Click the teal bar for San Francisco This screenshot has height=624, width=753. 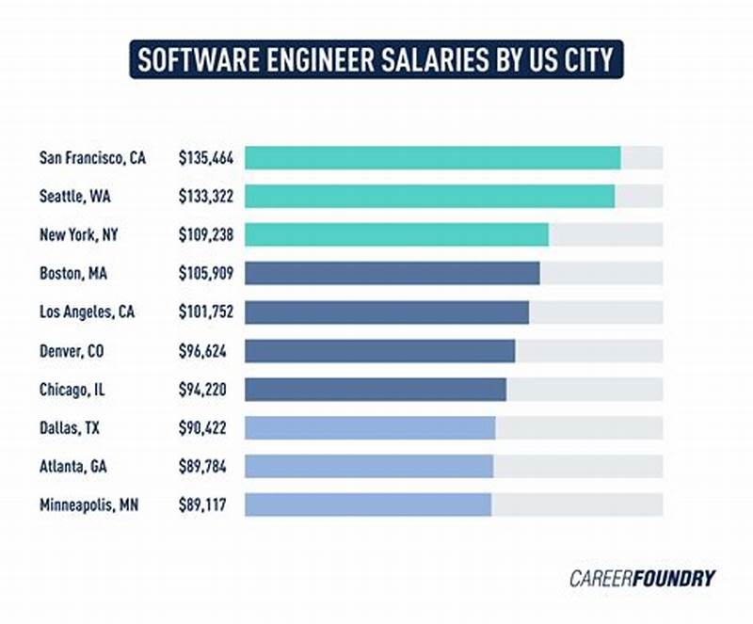pyautogui.click(x=432, y=157)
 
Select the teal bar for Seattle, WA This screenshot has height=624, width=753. pyautogui.click(x=429, y=196)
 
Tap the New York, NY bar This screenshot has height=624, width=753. pyautogui.click(x=396, y=234)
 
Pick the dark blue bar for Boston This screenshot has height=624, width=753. pyautogui.click(x=392, y=273)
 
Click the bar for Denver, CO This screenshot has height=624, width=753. pyautogui.click(x=379, y=351)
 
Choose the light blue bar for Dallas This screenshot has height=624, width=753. pyautogui.click(x=370, y=427)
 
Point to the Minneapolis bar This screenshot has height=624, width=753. pyautogui.click(x=368, y=504)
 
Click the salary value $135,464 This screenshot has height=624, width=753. pyautogui.click(x=206, y=158)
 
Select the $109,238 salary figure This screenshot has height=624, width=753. pyautogui.click(x=206, y=234)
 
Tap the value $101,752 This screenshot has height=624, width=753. pyautogui.click(x=206, y=312)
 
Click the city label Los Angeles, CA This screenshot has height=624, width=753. pyautogui.click(x=87, y=312)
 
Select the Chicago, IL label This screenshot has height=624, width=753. pyautogui.click(x=73, y=389)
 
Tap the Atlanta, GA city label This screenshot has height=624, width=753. pyautogui.click(x=73, y=466)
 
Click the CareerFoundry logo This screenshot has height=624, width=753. pyautogui.click(x=642, y=578)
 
